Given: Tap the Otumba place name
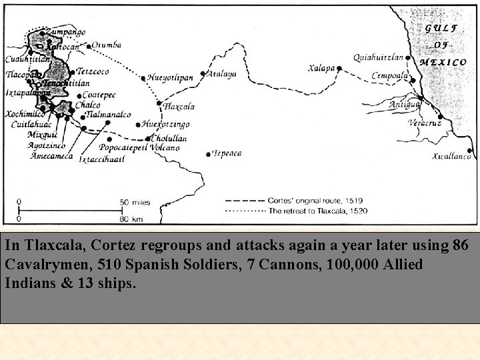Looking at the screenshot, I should (x=107, y=45).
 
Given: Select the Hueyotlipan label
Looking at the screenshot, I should (x=171, y=77).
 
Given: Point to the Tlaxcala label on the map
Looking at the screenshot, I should (x=179, y=107).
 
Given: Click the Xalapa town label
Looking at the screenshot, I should (x=321, y=68).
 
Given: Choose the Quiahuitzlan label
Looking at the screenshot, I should (x=378, y=58).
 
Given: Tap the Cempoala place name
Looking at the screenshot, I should (x=390, y=75).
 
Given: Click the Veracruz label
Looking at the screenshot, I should (x=425, y=125).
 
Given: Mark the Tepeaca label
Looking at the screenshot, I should (x=226, y=153).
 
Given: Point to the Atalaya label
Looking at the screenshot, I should (x=222, y=74).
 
